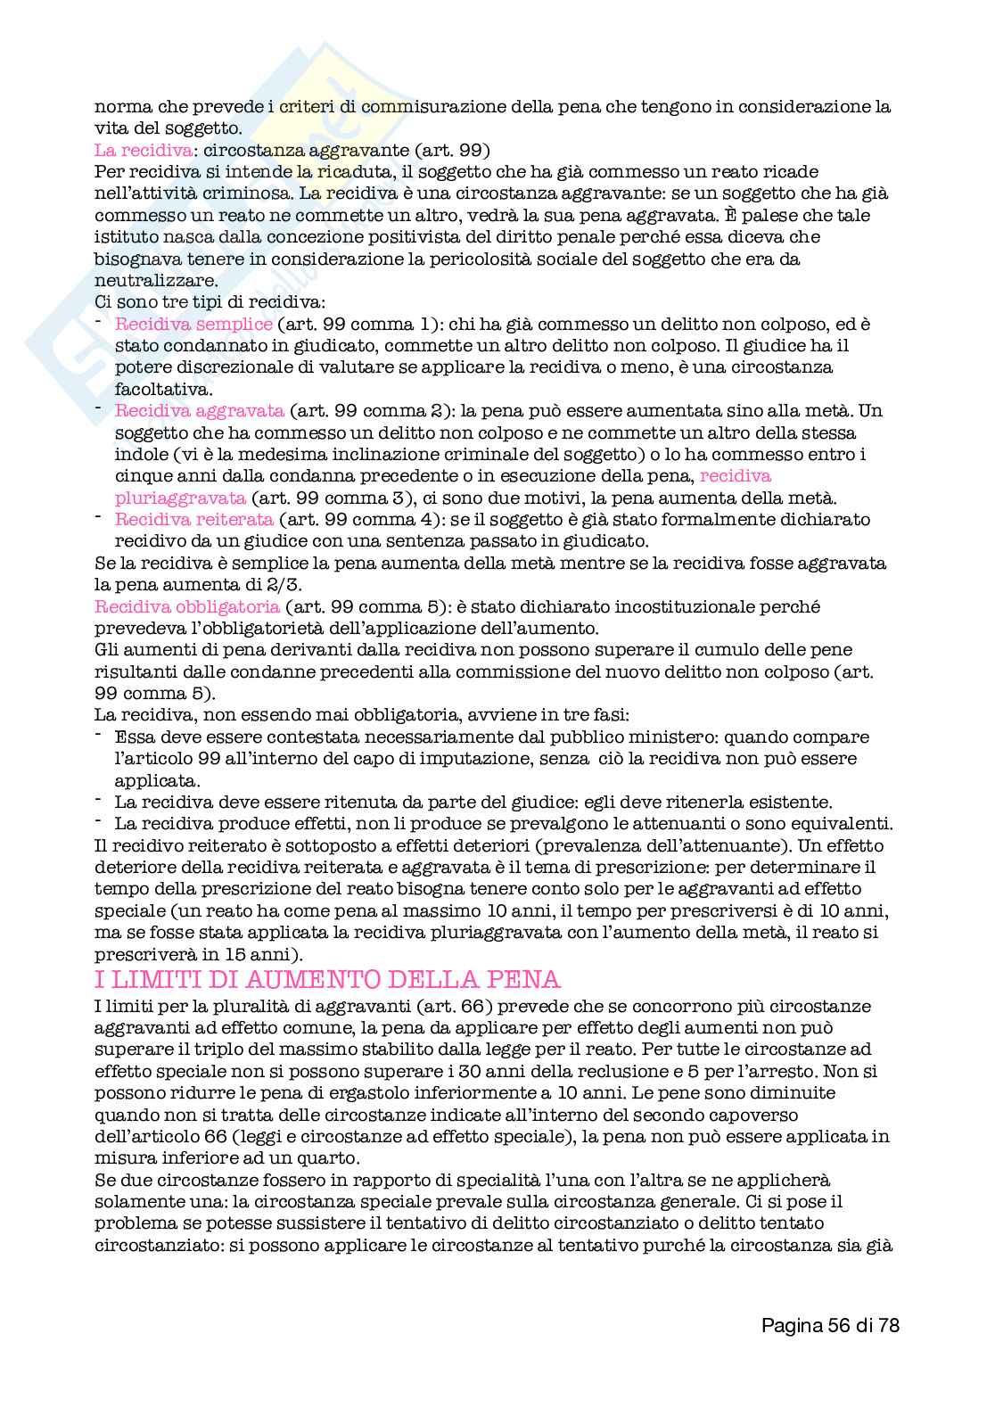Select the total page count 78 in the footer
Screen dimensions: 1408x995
click(888, 1326)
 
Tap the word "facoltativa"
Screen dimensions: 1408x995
click(158, 389)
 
